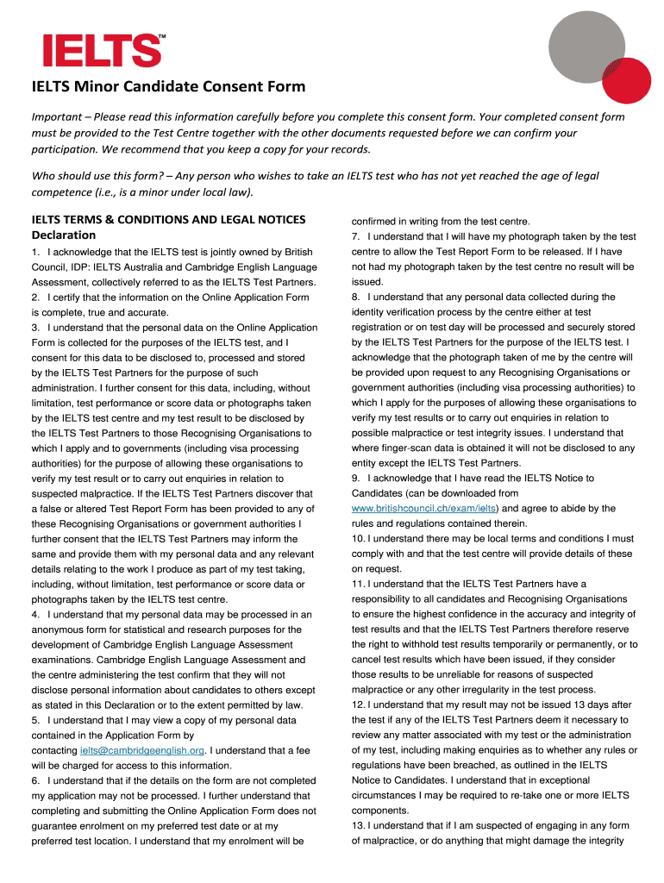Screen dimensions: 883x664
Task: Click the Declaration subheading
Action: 63,235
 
